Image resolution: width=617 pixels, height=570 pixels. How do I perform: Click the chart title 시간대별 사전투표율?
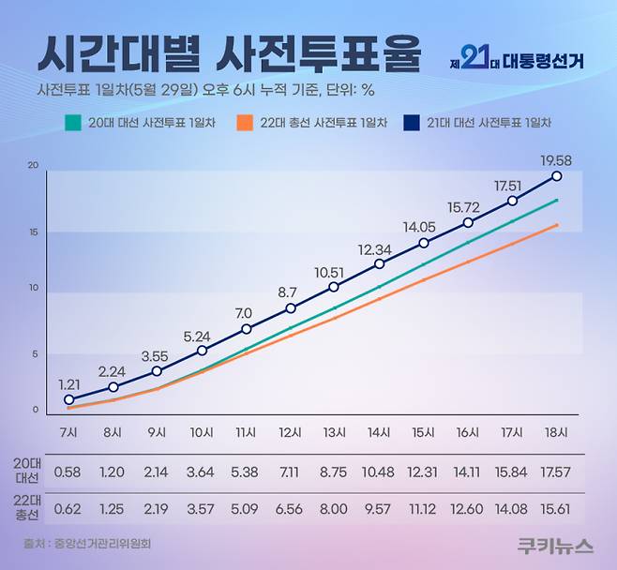(228, 54)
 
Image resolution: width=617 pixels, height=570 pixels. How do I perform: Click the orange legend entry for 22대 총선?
(312, 122)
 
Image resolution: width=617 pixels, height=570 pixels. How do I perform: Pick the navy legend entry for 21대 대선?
(478, 122)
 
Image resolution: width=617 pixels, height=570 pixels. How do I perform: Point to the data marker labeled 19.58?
(557, 176)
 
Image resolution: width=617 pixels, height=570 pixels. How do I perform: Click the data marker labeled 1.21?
(68, 399)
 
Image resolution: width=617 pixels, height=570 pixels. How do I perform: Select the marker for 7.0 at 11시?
(247, 329)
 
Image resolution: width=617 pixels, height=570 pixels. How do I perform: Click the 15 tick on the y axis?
(34, 232)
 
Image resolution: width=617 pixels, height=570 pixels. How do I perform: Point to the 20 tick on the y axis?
(34, 166)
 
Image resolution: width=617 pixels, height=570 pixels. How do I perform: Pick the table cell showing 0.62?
(68, 509)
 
